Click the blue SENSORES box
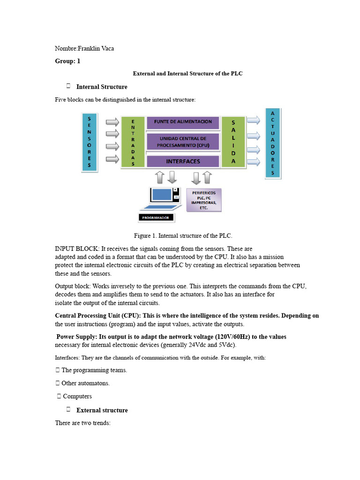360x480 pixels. click(89, 142)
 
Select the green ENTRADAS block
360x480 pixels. click(133, 142)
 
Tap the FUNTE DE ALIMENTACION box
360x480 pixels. click(183, 122)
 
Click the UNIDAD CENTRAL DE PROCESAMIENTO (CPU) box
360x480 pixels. click(183, 142)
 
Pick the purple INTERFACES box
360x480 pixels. click(183, 161)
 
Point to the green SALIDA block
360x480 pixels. click(233, 142)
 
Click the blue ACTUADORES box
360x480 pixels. click(273, 143)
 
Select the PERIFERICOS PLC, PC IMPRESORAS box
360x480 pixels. click(204, 200)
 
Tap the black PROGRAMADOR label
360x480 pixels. click(157, 217)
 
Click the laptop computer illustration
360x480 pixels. click(162, 199)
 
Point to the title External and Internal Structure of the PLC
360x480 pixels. click(187, 74)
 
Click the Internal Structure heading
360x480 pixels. click(102, 87)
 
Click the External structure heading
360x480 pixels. click(102, 410)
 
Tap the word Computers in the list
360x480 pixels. click(77, 397)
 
